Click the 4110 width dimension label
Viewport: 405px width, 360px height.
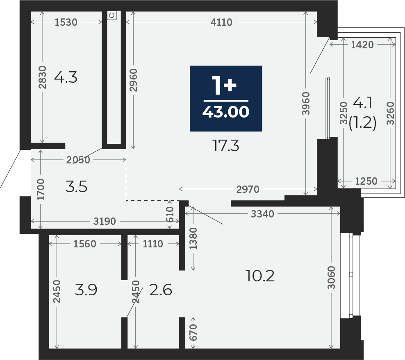pyautogui.click(x=221, y=23)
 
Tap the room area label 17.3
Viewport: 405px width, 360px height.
pyautogui.click(x=225, y=145)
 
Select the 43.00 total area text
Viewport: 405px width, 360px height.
pyautogui.click(x=226, y=112)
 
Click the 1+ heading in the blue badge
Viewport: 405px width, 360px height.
pyautogui.click(x=224, y=86)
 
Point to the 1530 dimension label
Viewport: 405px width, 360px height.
pyautogui.click(x=66, y=23)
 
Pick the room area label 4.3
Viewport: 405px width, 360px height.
pyautogui.click(x=66, y=77)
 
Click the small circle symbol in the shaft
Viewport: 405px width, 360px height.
pyautogui.click(x=111, y=15)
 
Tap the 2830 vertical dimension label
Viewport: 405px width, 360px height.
pyautogui.click(x=42, y=77)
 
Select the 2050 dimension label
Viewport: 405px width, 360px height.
pyautogui.click(x=78, y=160)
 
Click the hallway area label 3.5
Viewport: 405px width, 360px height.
pyautogui.click(x=76, y=187)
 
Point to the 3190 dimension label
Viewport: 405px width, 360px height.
pyautogui.click(x=105, y=221)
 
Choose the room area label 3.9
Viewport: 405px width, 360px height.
pyautogui.click(x=86, y=290)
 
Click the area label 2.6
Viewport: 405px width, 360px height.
pyautogui.click(x=161, y=290)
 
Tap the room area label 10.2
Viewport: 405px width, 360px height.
pyautogui.click(x=260, y=276)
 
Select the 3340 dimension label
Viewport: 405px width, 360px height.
pyautogui.click(x=262, y=214)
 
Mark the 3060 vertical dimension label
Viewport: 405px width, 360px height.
pyautogui.click(x=331, y=277)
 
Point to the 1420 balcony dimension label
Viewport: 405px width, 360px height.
pyautogui.click(x=362, y=45)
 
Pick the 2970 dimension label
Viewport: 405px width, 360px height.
pyautogui.click(x=248, y=189)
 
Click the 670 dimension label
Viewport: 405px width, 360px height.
pyautogui.click(x=193, y=333)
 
